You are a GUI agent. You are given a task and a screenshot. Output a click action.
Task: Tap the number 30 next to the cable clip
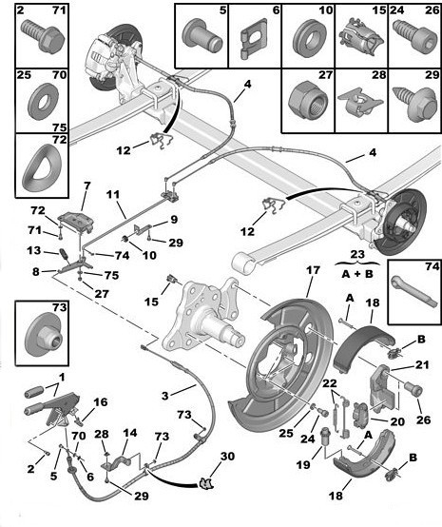[225, 458]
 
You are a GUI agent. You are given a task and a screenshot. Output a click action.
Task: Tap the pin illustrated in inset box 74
[414, 294]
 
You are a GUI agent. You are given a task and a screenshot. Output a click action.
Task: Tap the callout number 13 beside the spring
[34, 251]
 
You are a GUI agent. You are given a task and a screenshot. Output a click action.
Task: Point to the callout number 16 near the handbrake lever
[101, 403]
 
